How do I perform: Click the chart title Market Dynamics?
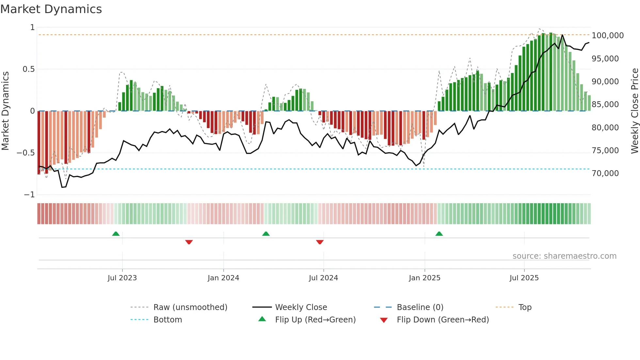(x=51, y=9)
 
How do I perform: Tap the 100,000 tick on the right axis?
(x=607, y=35)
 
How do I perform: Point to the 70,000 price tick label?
(x=605, y=173)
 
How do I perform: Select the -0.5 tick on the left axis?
(x=25, y=153)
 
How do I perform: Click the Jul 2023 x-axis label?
(x=122, y=278)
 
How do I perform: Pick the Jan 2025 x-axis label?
(x=424, y=278)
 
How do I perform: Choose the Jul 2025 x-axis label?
(x=524, y=278)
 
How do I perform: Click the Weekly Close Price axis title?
(x=634, y=111)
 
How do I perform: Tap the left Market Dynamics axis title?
(x=5, y=111)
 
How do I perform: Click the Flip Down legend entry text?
(x=443, y=319)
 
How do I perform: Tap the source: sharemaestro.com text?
(x=564, y=256)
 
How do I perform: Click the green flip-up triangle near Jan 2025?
(x=439, y=234)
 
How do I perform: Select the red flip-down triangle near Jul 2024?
(x=320, y=242)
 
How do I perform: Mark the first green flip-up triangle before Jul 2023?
(x=116, y=234)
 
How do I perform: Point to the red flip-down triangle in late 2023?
(x=189, y=242)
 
